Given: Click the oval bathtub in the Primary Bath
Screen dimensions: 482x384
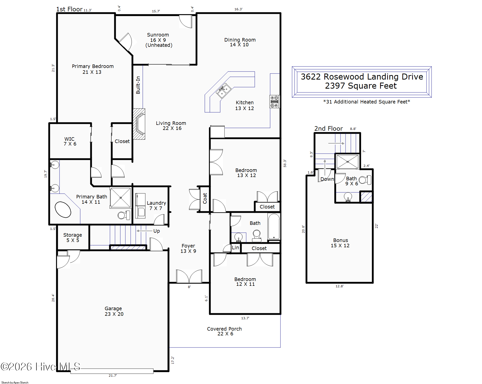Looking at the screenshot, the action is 63,209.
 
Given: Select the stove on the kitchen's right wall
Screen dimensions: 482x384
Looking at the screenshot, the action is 274,102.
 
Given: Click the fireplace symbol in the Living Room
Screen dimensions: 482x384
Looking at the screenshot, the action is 139,124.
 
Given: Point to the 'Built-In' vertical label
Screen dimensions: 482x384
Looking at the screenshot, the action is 138,85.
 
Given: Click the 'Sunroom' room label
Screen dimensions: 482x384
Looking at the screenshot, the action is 158,35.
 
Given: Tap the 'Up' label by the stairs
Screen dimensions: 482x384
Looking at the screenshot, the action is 156,231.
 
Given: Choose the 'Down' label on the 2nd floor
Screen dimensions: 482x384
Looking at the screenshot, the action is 327,179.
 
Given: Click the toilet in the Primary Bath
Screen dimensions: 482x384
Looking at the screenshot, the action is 124,215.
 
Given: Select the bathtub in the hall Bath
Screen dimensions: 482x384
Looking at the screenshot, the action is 274,226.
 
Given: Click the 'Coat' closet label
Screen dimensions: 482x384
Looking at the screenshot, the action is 205,198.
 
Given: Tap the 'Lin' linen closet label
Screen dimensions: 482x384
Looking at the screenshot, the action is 235,248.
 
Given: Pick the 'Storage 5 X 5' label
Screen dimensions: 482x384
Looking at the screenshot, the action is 73,237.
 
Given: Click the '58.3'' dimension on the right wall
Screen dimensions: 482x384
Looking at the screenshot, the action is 285,163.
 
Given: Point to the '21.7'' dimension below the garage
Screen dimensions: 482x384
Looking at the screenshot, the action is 113,375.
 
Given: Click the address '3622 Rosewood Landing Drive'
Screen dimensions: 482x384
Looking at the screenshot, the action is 362,77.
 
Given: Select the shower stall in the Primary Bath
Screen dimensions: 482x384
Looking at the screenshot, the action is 121,198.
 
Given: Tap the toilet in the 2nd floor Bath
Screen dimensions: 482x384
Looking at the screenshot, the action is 365,180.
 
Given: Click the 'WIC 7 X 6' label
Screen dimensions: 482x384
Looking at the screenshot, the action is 70,141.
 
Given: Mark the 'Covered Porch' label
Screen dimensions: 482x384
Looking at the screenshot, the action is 224,329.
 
